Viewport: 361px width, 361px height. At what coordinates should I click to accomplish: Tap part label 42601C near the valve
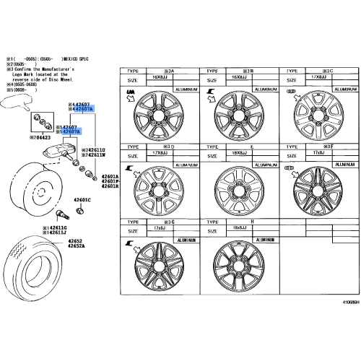coord(82,199)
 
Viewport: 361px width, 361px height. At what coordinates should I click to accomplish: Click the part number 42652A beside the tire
coord(77,246)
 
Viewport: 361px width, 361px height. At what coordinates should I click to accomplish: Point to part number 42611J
coord(56,232)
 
